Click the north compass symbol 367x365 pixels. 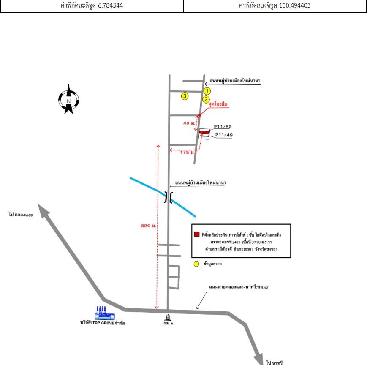pyautogui.click(x=68, y=99)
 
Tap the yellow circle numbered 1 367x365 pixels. pyautogui.click(x=207, y=91)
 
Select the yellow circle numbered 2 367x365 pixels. pyautogui.click(x=206, y=100)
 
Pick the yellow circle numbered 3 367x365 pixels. pyautogui.click(x=185, y=96)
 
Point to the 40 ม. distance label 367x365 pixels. pyautogui.click(x=189, y=123)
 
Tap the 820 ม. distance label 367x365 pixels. pyautogui.click(x=149, y=226)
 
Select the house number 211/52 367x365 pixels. pyautogui.click(x=223, y=127)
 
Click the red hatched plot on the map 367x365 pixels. pyautogui.click(x=204, y=133)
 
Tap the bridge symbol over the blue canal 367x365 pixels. pyautogui.click(x=168, y=198)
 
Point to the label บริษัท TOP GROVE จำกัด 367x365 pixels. pyautogui.click(x=103, y=323)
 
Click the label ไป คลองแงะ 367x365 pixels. pyautogui.click(x=20, y=215)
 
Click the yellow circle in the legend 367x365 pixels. pyautogui.click(x=196, y=264)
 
